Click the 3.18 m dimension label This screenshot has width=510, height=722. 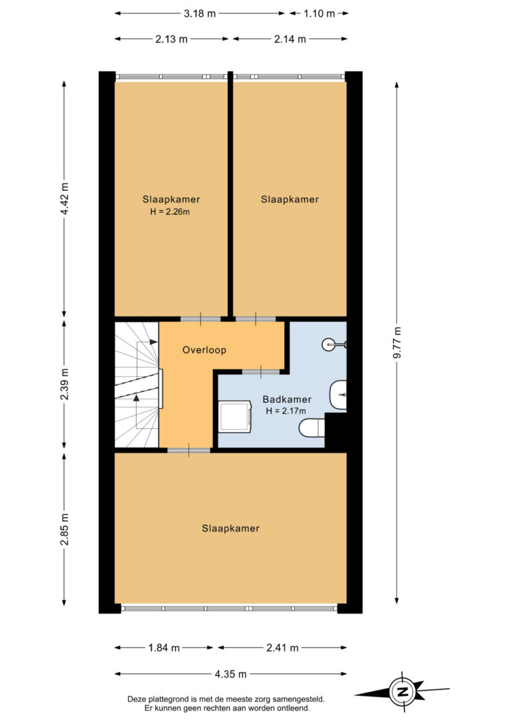coord(200,13)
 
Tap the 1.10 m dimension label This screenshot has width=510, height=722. coord(319,13)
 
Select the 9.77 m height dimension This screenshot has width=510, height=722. coord(397,342)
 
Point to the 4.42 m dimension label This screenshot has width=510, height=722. coord(64,199)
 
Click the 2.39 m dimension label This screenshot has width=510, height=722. coord(64,384)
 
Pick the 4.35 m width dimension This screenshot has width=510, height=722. coord(230,674)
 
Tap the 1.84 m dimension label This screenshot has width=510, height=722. coord(164,648)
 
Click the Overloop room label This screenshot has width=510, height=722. coord(204,350)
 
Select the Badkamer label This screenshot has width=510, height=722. coord(287,399)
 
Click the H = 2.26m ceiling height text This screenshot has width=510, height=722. coord(170,212)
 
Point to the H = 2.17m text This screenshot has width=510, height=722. coord(286,411)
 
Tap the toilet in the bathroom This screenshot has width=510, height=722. coord(312,427)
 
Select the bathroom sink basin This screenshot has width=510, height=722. coord(338,395)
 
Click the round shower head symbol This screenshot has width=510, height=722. coord(328,344)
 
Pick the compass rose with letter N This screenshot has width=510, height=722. coord(402,691)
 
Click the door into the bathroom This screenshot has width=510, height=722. coord(261,371)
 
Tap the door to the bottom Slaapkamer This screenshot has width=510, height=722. coord(189,450)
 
